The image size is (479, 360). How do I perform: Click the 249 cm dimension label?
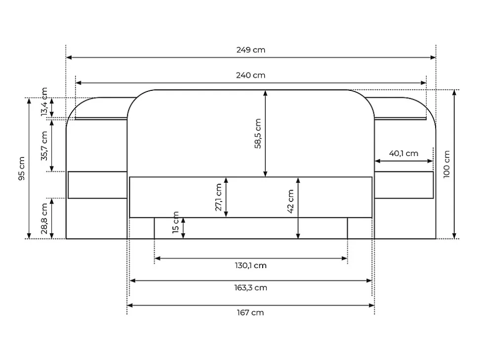pyautogui.click(x=250, y=50)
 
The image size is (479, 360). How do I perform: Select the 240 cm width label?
pyautogui.click(x=250, y=75)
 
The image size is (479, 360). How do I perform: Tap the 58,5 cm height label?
pyautogui.click(x=258, y=133)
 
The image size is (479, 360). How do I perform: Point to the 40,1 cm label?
pyautogui.click(x=403, y=154)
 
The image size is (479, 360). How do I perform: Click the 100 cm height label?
pyautogui.click(x=446, y=164)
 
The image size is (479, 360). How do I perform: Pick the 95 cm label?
pyautogui.click(x=22, y=168)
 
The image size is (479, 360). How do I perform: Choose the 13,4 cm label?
pyautogui.click(x=44, y=102)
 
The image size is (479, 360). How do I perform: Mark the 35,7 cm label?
pyautogui.click(x=44, y=146)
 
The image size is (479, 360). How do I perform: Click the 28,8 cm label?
pyautogui.click(x=44, y=218)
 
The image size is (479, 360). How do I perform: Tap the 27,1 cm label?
pyautogui.click(x=218, y=197)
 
